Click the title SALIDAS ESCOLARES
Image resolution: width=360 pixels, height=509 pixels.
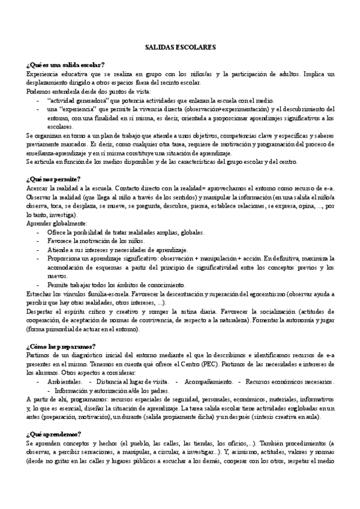pyautogui.click(x=180, y=46)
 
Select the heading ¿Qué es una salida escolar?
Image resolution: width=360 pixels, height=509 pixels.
pyautogui.click(x=65, y=64)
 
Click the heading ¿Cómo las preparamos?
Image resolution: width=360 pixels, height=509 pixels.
pyautogui.click(x=61, y=346)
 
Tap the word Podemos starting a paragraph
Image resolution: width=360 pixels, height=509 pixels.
pyautogui.click(x=38, y=91)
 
